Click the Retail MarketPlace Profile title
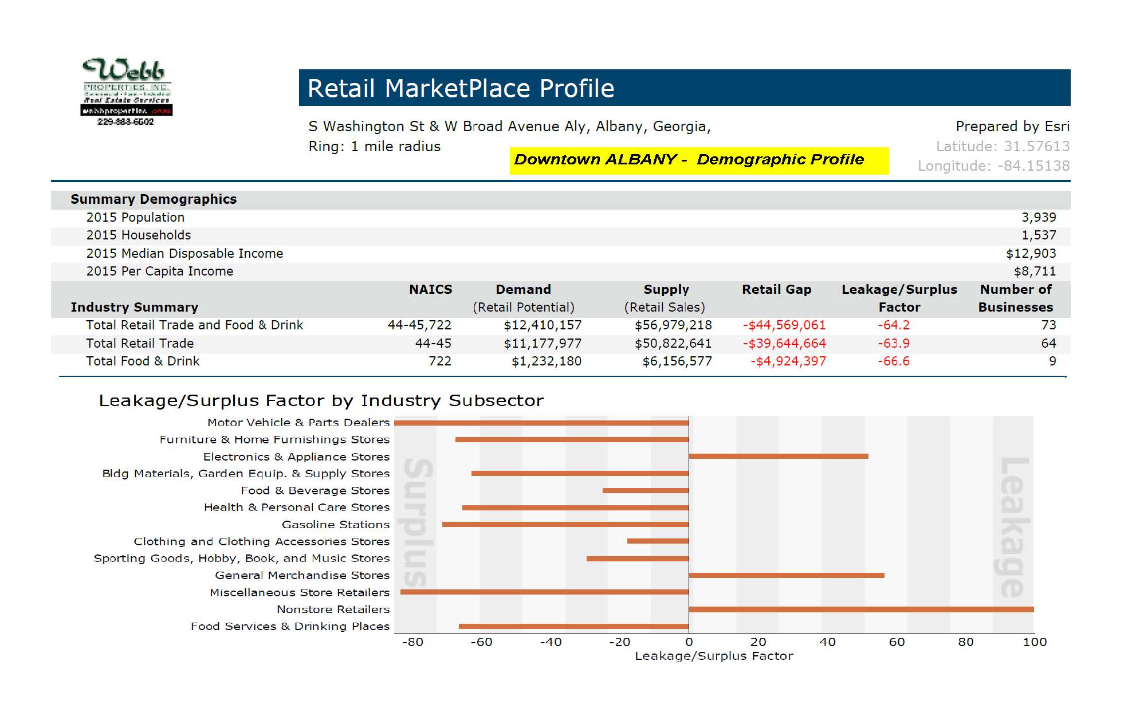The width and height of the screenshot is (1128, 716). coord(461,88)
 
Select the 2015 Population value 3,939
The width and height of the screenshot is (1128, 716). coord(1038,218)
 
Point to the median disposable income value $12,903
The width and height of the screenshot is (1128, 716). coord(1031,254)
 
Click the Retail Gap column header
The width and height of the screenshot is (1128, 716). coord(776,290)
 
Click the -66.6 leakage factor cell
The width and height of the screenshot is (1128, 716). coord(893,361)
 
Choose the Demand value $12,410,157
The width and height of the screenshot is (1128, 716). coord(542,325)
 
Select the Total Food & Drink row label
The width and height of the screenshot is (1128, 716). coord(143,361)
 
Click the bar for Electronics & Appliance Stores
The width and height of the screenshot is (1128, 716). coord(778,457)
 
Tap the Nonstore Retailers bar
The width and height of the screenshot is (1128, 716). coord(860,609)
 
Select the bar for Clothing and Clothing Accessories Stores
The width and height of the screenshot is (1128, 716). coord(658,541)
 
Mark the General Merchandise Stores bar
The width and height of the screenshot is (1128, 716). coord(786,575)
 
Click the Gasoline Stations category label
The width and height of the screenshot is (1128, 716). coord(335,525)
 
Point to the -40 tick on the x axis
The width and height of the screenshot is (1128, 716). coord(551,642)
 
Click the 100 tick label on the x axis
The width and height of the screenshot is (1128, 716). coord(1034,642)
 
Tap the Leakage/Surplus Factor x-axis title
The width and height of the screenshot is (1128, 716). coord(713,656)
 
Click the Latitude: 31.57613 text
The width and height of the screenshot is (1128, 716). coord(1002,147)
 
